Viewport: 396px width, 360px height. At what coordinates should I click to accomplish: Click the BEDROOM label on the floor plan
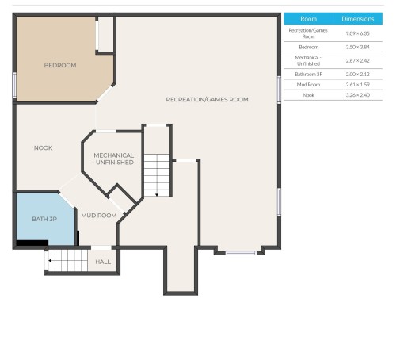click(60, 66)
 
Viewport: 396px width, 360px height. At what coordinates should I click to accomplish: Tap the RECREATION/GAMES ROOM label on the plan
click(207, 100)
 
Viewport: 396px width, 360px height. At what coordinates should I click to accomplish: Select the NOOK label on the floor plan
click(44, 148)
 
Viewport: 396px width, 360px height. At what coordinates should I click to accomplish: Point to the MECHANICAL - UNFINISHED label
click(113, 159)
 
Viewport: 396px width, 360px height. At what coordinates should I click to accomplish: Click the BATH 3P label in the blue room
click(44, 219)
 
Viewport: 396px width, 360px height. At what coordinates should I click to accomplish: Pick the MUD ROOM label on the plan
click(99, 216)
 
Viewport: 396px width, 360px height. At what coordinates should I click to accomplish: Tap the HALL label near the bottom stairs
click(103, 262)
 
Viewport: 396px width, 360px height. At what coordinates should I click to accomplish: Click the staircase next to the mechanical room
click(158, 175)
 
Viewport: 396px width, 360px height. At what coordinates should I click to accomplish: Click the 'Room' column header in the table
click(309, 18)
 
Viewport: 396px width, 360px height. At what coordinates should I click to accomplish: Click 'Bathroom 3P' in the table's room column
click(309, 74)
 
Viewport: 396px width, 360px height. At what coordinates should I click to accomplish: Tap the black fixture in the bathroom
click(32, 243)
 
